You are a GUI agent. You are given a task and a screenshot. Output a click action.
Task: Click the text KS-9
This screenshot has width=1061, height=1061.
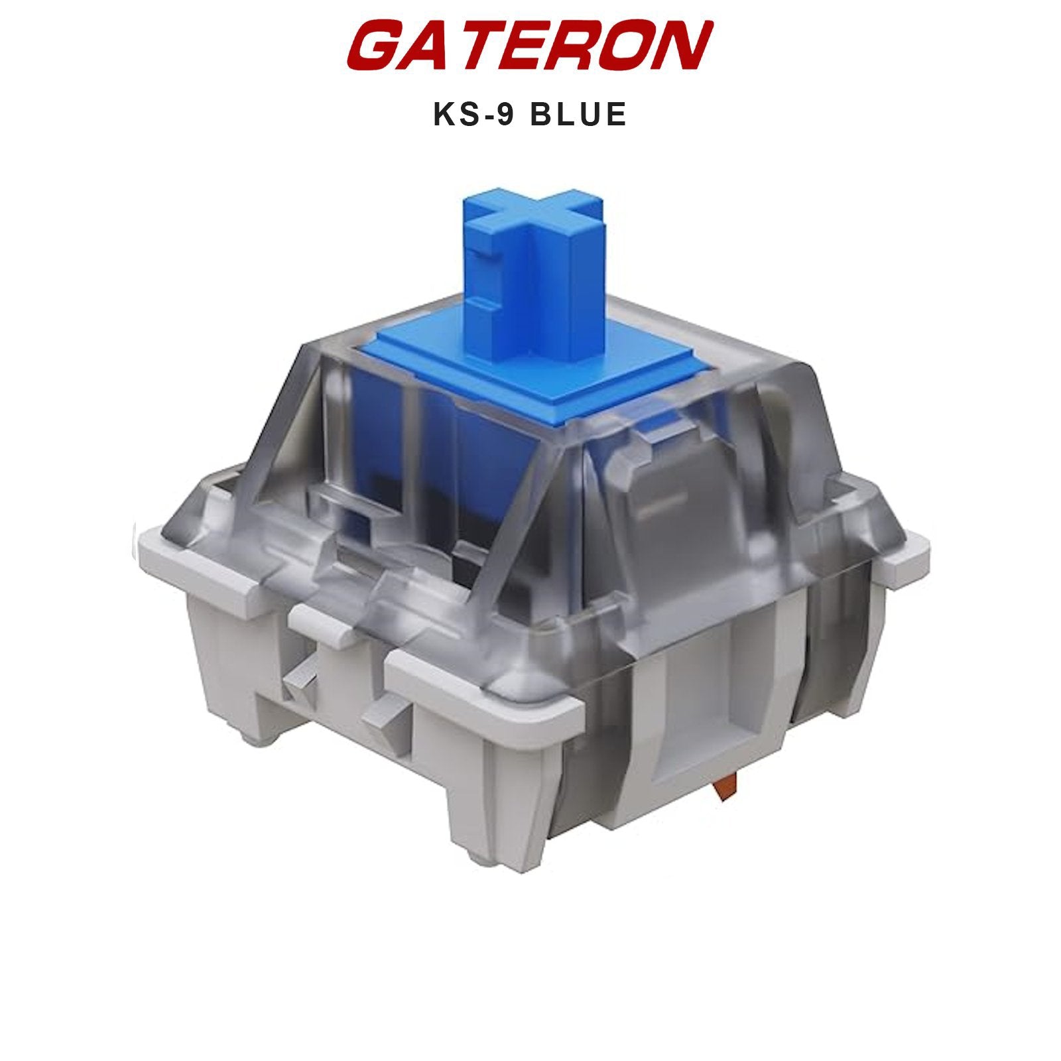pos(472,114)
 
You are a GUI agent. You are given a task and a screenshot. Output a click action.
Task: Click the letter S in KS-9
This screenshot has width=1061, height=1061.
pos(464,114)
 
